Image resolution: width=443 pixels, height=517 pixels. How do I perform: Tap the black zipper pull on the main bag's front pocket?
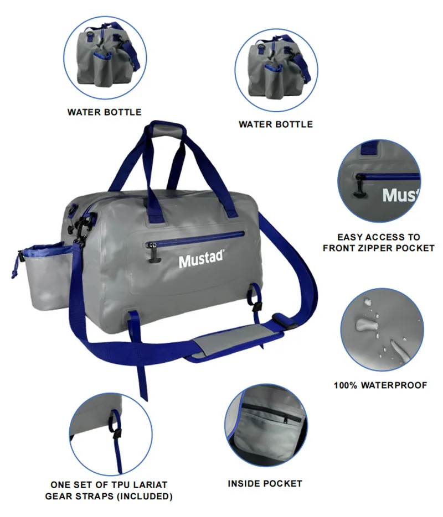pyautogui.click(x=153, y=253)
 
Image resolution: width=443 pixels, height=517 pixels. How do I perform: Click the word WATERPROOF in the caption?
pyautogui.click(x=394, y=385)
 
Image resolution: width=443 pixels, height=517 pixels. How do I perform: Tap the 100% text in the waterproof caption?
pyautogui.click(x=346, y=385)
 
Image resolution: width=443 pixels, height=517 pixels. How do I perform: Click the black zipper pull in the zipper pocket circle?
pyautogui.click(x=359, y=186)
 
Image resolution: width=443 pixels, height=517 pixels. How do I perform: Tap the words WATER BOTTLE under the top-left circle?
pyautogui.click(x=104, y=112)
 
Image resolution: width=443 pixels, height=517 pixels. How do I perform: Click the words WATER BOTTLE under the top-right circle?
pyautogui.click(x=276, y=124)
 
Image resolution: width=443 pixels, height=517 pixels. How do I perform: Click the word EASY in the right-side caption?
pyautogui.click(x=349, y=237)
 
